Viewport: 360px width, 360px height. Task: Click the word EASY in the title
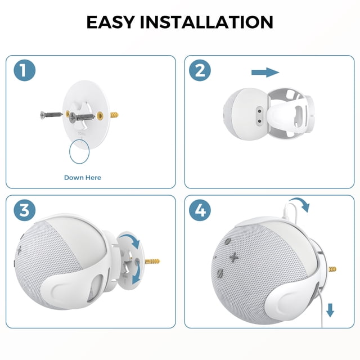[110, 22]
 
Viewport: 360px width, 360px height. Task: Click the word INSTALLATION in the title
[206, 22]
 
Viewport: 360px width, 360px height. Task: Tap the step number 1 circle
[25, 70]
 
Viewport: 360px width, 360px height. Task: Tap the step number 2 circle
[200, 70]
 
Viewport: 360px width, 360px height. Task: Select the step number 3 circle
[25, 210]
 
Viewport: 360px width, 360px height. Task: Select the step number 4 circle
[200, 210]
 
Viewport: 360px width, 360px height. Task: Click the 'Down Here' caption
[83, 178]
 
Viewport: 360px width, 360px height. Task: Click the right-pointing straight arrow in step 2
[265, 73]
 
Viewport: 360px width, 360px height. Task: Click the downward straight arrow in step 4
[330, 310]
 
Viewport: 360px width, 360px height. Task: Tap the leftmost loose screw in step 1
[51, 115]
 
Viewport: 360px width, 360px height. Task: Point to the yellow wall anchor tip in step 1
[115, 115]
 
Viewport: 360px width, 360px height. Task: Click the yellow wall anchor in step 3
[152, 261]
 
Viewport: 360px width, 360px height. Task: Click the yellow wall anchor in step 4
[332, 269]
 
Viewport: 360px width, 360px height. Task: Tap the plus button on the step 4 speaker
[234, 257]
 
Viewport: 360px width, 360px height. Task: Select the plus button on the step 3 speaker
[19, 250]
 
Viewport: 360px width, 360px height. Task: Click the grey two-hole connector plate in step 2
[260, 116]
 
